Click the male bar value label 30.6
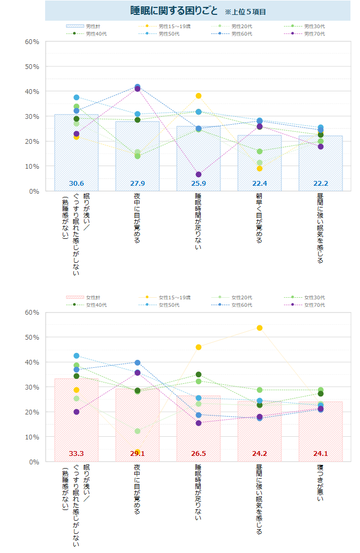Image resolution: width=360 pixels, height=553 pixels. pos(76,184)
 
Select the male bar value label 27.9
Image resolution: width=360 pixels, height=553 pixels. pos(138,184)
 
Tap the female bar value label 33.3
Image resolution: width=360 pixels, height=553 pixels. pos(76,454)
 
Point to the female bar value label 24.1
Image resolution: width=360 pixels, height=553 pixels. pos(321,454)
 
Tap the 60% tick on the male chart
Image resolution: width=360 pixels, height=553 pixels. pos(32,41)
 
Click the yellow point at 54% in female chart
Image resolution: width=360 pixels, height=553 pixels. pos(260,328)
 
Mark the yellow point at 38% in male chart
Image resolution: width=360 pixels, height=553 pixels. pos(199,96)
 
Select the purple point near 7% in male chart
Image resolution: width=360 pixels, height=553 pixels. pos(199,175)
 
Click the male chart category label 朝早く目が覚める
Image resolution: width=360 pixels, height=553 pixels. pos(260,218)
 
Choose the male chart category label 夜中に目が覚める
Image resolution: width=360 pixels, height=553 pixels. pos(138,218)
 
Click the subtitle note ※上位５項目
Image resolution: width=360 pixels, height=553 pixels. pos(245,12)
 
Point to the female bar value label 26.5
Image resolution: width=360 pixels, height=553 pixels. pos(199,454)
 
